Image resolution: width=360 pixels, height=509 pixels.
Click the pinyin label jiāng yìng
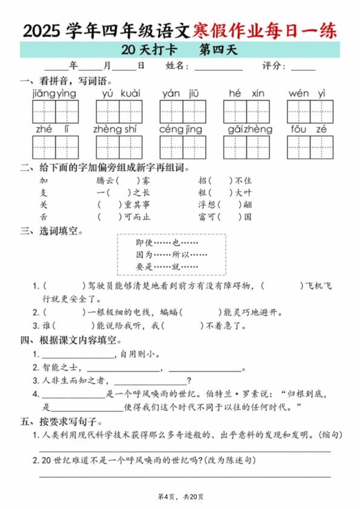click(x=54, y=93)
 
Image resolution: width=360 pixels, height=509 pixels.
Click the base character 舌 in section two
click(x=43, y=217)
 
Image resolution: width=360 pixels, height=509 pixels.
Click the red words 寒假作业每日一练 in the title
click(x=264, y=31)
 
